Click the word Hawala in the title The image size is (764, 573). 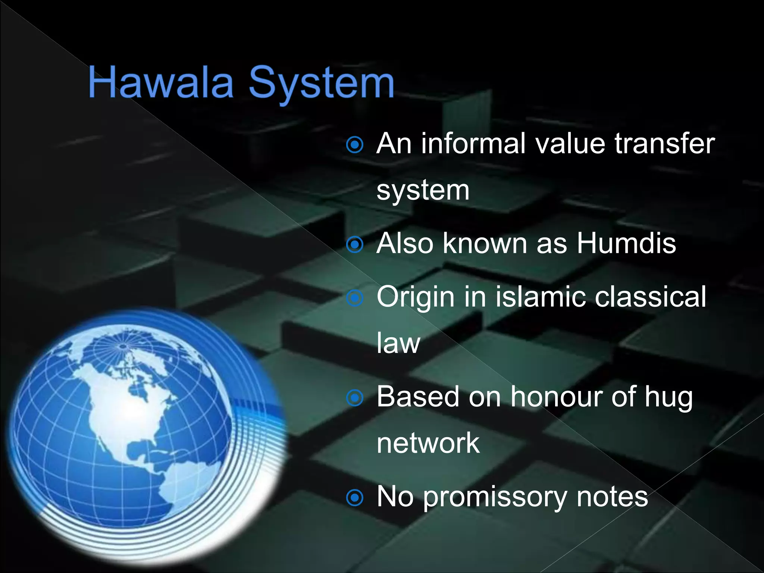click(x=161, y=83)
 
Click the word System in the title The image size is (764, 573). click(x=321, y=84)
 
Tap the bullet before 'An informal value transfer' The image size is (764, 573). click(x=354, y=144)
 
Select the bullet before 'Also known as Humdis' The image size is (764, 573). click(x=354, y=245)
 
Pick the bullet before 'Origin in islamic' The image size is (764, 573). click(x=354, y=298)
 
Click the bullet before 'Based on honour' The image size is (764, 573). click(x=354, y=398)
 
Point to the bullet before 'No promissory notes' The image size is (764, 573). click(x=354, y=498)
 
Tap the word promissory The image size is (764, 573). click(x=495, y=498)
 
